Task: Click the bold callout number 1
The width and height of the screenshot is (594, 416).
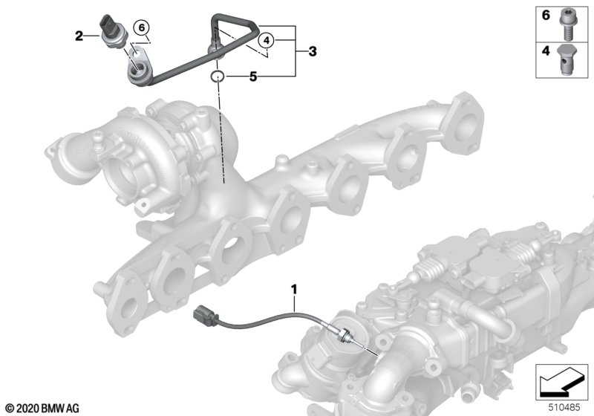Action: [x=294, y=290]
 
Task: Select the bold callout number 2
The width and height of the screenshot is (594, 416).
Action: [x=79, y=36]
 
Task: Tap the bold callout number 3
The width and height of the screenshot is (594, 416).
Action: [x=313, y=51]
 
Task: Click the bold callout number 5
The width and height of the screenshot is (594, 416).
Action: [x=253, y=77]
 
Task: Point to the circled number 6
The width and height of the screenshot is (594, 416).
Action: [x=142, y=27]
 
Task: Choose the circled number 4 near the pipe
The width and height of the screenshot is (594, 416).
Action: [x=267, y=40]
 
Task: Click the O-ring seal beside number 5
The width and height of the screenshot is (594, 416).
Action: [x=218, y=77]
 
